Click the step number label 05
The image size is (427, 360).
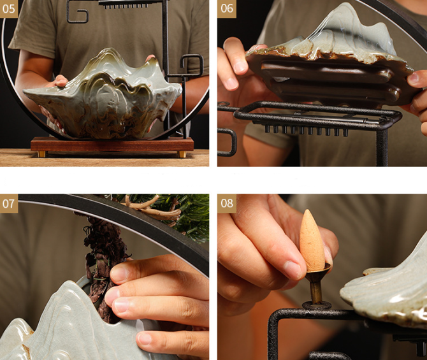(9, 9)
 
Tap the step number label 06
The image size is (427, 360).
(227, 9)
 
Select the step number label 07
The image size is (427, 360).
(9, 203)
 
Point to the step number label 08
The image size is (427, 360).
(227, 203)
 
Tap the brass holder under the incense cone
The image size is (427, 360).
(317, 283)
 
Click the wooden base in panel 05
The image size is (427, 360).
(112, 145)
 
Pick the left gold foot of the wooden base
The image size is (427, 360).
(41, 154)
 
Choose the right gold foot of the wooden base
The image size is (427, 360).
(182, 154)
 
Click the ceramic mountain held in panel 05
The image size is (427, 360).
(103, 96)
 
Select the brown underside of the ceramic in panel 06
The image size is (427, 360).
(329, 79)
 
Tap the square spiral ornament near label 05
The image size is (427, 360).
(77, 11)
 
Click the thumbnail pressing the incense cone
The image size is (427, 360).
(292, 269)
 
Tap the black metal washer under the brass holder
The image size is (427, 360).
(317, 305)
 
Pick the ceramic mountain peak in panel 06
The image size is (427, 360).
(354, 30)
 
